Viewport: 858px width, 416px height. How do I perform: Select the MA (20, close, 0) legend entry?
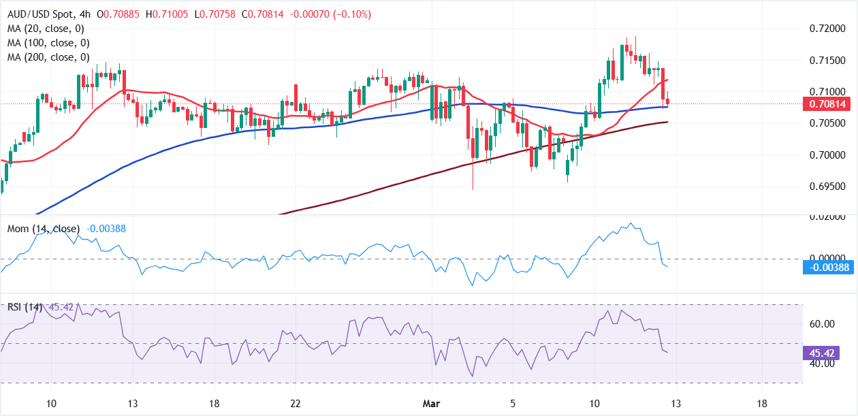click(x=46, y=29)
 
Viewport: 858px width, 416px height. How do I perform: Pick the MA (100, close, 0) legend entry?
click(x=49, y=43)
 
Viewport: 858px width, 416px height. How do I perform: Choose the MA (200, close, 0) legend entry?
click(x=49, y=57)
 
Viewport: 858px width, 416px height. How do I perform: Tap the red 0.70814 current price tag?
click(x=829, y=104)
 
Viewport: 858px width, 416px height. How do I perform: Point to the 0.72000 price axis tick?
click(x=827, y=29)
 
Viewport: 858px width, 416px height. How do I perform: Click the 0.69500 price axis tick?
click(x=827, y=187)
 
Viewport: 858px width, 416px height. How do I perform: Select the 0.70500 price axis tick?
click(x=827, y=123)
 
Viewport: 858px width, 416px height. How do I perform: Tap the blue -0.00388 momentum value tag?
click(x=829, y=268)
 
